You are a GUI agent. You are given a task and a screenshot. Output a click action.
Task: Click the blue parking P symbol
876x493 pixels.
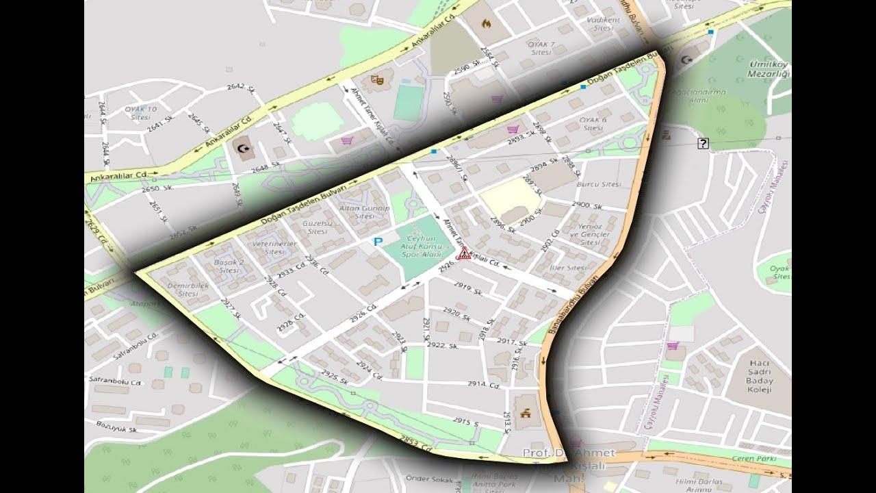(x=378, y=241)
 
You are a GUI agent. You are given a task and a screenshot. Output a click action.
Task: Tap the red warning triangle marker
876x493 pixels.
(x=464, y=254)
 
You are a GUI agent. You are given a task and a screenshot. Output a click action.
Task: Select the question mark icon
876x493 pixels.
(x=703, y=143)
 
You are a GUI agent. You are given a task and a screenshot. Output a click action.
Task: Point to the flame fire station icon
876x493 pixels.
(x=487, y=23)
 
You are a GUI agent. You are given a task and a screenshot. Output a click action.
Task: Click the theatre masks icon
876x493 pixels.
(x=374, y=79)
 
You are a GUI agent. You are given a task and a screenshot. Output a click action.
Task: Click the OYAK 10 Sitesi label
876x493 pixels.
(x=140, y=113)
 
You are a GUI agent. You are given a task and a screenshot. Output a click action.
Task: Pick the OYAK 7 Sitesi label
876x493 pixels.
(x=541, y=48)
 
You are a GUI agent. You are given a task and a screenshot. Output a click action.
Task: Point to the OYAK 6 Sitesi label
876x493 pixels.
(x=593, y=124)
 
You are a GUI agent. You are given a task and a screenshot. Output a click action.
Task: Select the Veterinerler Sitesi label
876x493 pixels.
(x=274, y=247)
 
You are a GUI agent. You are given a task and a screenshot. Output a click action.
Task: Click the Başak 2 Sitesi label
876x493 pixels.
(x=229, y=266)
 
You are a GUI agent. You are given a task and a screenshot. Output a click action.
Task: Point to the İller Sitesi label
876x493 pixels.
(x=568, y=268)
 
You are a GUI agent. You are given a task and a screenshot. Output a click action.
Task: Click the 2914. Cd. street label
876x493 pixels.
(x=484, y=385)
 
